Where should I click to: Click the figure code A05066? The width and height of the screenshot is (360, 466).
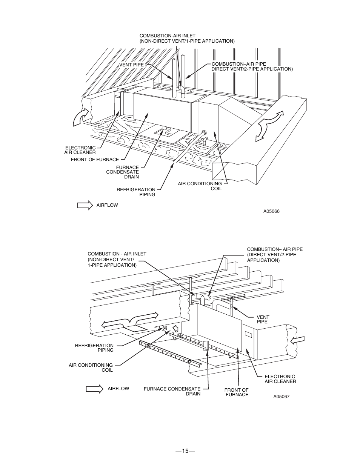coord(271,211)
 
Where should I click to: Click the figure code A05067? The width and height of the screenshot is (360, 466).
coord(282,397)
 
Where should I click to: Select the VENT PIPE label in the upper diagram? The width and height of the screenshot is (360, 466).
coord(131,65)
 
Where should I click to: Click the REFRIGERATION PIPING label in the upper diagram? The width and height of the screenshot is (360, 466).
coord(136,192)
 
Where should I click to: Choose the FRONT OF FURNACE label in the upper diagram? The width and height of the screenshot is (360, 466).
coord(95,160)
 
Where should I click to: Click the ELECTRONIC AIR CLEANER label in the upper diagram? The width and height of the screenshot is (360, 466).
coord(80,150)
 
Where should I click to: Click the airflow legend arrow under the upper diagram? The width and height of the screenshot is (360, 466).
coord(85,205)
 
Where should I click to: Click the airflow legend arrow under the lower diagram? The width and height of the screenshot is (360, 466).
coord(95,389)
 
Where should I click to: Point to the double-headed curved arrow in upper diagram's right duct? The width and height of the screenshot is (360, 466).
coord(269,126)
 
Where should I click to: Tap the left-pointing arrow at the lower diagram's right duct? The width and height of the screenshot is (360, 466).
coord(298,340)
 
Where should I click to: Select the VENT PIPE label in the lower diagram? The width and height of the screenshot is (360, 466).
coord(263,320)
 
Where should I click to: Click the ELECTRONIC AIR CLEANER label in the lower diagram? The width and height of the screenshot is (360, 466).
coord(280,379)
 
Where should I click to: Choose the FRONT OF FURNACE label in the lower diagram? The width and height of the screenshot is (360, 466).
coord(237,392)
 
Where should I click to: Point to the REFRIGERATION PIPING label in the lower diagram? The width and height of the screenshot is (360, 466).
coord(94,348)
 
